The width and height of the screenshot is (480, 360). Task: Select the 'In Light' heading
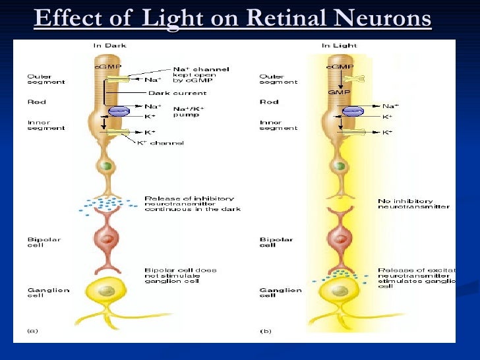click(336, 45)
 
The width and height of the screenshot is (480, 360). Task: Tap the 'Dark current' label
click(168, 93)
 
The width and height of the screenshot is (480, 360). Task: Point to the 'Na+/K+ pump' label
click(189, 112)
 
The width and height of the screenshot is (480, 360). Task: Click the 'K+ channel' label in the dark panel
click(160, 143)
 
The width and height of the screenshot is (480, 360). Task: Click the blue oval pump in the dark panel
click(119, 111)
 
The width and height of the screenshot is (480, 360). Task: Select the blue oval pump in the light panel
click(353, 111)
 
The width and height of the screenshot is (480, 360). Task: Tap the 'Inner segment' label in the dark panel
click(46, 125)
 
